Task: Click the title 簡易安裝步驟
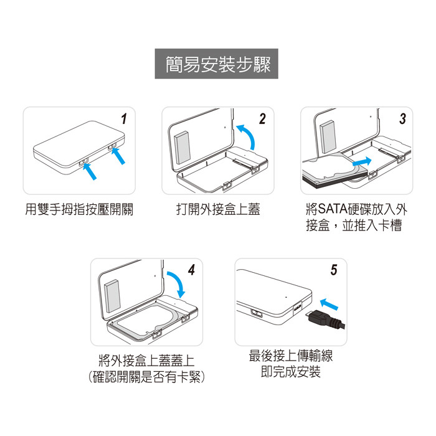point(218,64)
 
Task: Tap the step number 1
point(124,119)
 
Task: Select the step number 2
point(262,119)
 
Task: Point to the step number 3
point(402,119)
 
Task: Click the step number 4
point(192,270)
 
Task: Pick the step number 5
point(334,270)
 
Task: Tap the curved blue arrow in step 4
point(179,282)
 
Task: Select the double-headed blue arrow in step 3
point(362,161)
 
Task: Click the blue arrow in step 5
point(329,304)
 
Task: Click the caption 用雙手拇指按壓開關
point(79,209)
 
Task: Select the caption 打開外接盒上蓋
point(218,209)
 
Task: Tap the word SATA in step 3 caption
point(333,209)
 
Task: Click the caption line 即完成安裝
point(291,371)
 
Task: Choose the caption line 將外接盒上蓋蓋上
point(146,361)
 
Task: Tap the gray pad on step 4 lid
point(113,296)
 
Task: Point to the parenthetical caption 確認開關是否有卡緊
point(146,377)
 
